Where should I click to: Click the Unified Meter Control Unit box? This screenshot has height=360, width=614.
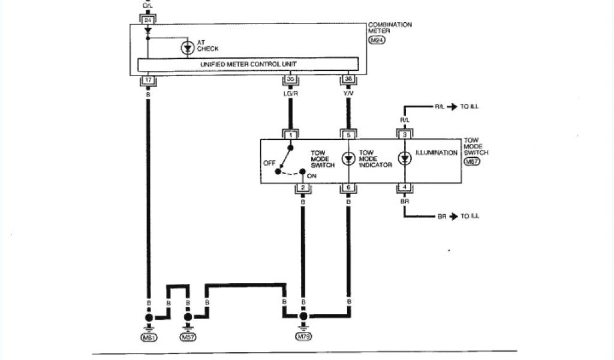coord(248,64)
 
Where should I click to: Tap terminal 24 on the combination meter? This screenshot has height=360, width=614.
coord(148,19)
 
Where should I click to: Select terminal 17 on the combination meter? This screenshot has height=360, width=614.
coord(148,79)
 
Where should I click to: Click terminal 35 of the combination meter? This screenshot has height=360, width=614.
coord(291,79)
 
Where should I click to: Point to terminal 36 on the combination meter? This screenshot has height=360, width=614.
coord(348,79)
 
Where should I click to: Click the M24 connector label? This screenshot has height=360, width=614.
coord(377,40)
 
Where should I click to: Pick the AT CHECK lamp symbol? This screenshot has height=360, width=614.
coord(187,48)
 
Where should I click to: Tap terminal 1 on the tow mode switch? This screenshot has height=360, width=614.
coord(291,135)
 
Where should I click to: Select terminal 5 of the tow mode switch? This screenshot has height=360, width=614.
coord(348,135)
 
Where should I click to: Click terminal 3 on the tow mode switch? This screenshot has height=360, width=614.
coord(405,135)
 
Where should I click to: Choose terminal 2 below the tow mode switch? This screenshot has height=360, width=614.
coord(303,188)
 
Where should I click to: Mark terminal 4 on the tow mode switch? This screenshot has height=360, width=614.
coord(405,188)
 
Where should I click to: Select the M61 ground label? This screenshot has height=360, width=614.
coord(148,338)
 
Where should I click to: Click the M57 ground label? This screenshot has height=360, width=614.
coord(188,338)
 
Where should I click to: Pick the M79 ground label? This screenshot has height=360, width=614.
coord(304,338)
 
